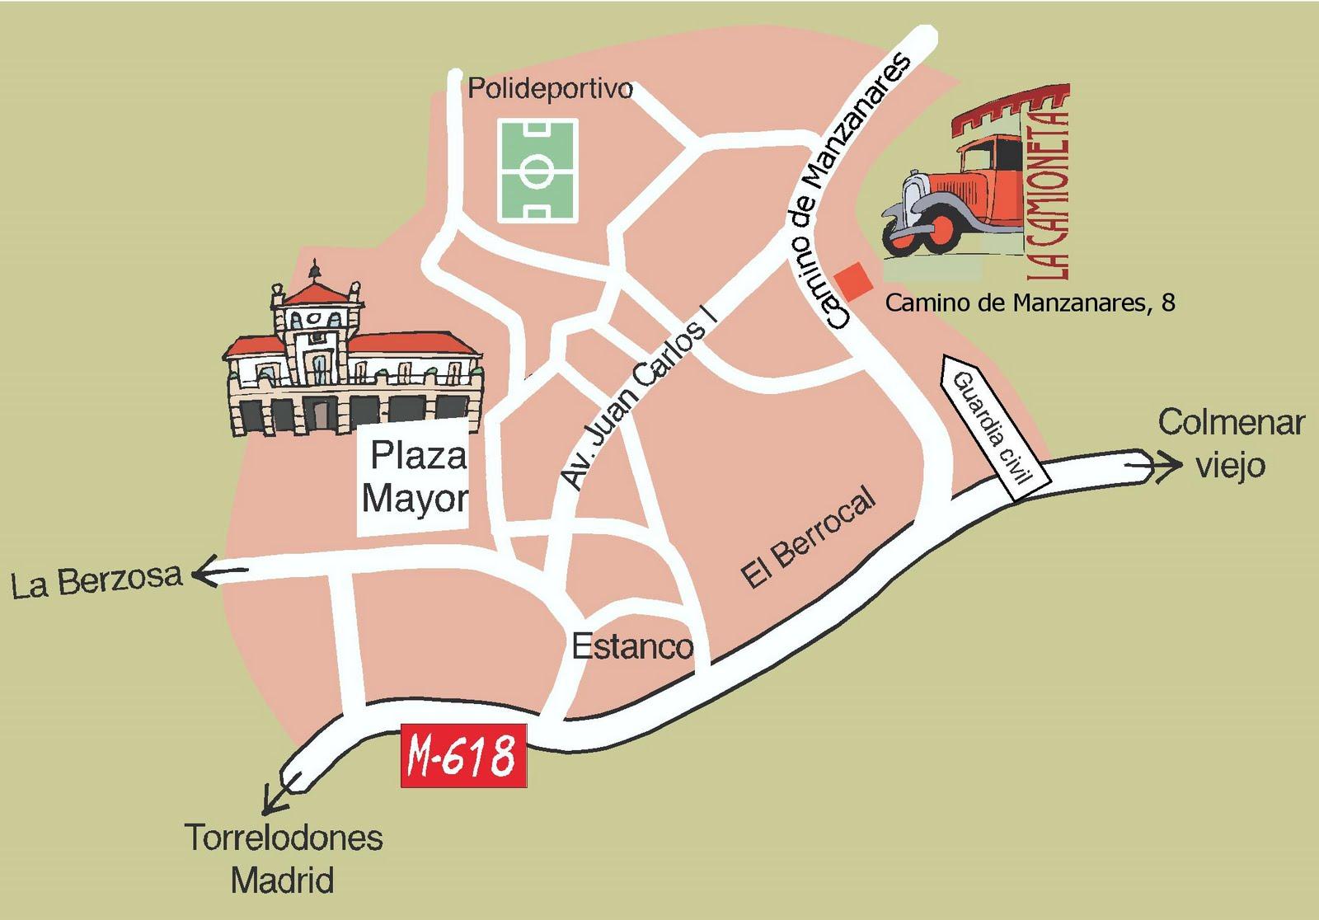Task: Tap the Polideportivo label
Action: (x=550, y=89)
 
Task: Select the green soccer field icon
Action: (x=537, y=169)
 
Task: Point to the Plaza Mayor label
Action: (x=415, y=478)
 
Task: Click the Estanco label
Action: (x=631, y=646)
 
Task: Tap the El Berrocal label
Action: (x=806, y=539)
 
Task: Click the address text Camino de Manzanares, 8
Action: (x=1029, y=303)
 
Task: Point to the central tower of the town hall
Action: (x=316, y=317)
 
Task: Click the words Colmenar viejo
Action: (x=1230, y=444)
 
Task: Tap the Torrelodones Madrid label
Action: (x=284, y=858)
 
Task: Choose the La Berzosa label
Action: (x=96, y=582)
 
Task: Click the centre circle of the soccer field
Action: (x=537, y=171)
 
